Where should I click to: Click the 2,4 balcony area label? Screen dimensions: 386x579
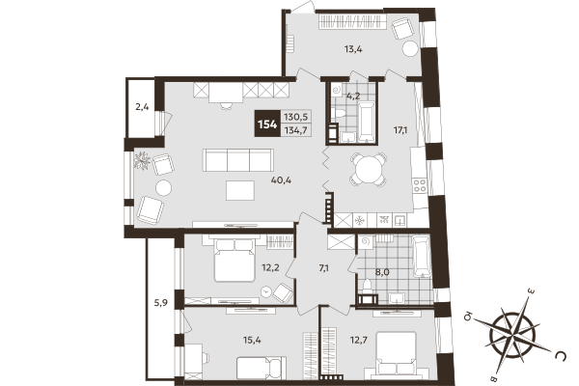tap(142, 107)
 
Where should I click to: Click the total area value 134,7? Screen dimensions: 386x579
tap(296, 131)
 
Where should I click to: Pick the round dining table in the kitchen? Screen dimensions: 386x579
tap(367, 171)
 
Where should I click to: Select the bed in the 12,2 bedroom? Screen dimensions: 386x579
tap(234, 261)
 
